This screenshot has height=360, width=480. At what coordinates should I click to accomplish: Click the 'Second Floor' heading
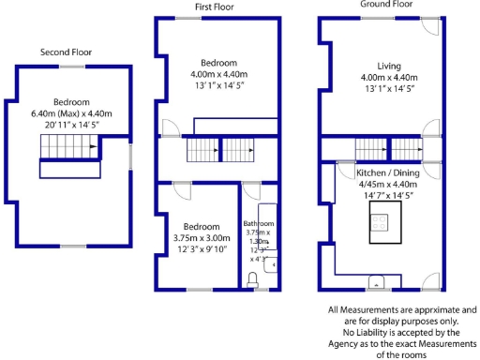coord(66,52)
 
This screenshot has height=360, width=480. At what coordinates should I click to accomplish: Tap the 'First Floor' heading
coord(214,7)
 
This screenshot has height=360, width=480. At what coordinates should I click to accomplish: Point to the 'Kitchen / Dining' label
coord(387,174)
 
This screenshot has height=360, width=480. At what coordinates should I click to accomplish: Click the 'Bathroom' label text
coord(259,224)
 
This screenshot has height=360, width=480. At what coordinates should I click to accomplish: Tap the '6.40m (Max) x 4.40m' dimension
coord(70,113)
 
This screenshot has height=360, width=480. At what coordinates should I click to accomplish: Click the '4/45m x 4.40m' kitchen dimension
coord(387,186)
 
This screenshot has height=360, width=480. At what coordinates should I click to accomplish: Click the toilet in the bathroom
coord(254,278)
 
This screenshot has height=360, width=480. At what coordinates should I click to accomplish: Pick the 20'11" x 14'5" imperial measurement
coord(70,125)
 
